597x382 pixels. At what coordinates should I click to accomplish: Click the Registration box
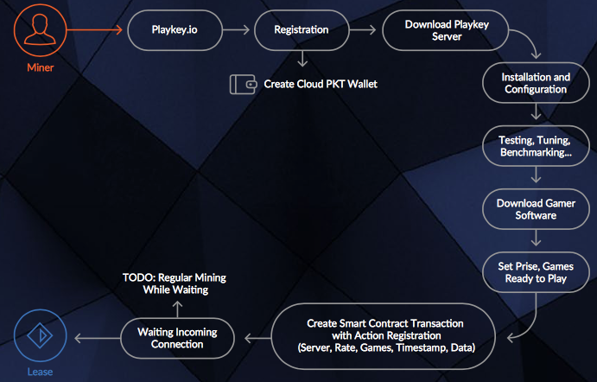[x=301, y=30]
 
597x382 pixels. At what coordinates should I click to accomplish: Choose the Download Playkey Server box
[x=446, y=30]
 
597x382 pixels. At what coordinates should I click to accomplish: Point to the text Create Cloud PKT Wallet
[x=321, y=84]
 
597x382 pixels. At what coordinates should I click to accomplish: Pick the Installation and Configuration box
[x=536, y=83]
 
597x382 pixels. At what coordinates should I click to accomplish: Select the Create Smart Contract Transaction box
[x=384, y=335]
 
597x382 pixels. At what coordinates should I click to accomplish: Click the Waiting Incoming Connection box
[x=177, y=338]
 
